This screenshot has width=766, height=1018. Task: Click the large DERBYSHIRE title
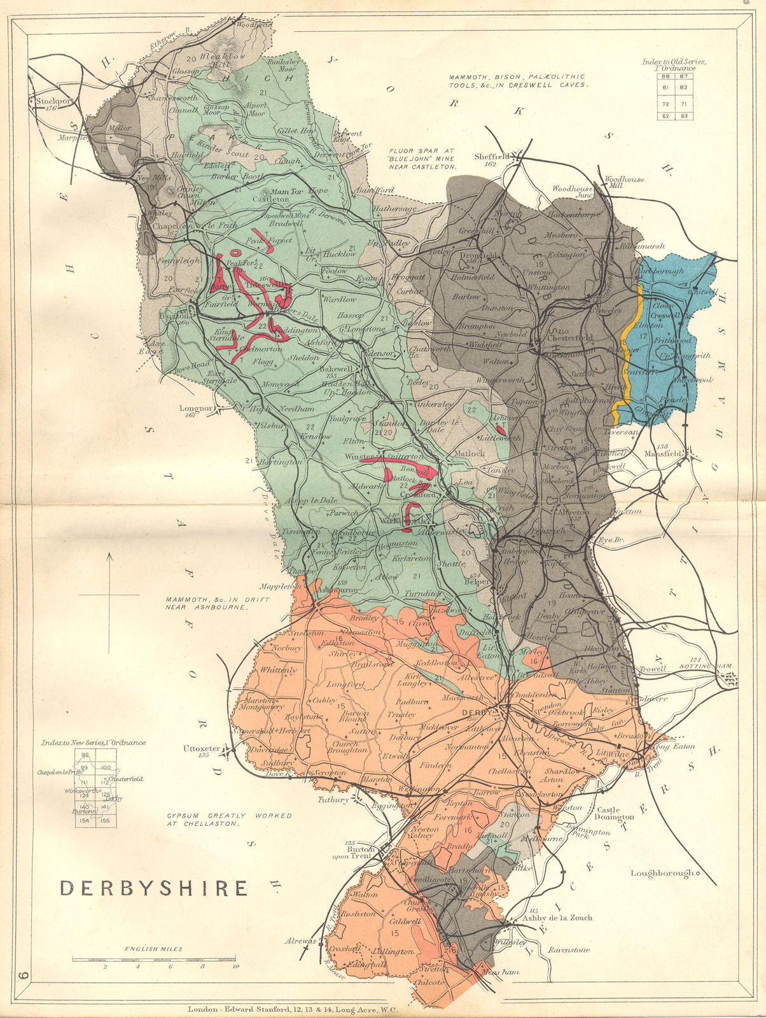tap(153, 888)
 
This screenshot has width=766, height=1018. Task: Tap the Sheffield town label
tap(493, 157)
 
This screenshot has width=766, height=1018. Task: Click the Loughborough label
tap(662, 873)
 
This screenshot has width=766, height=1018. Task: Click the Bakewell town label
tap(335, 369)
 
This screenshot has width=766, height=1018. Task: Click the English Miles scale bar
tap(153, 958)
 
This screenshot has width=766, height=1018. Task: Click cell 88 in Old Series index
tap(667, 76)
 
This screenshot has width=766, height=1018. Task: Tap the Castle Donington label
tap(614, 813)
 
